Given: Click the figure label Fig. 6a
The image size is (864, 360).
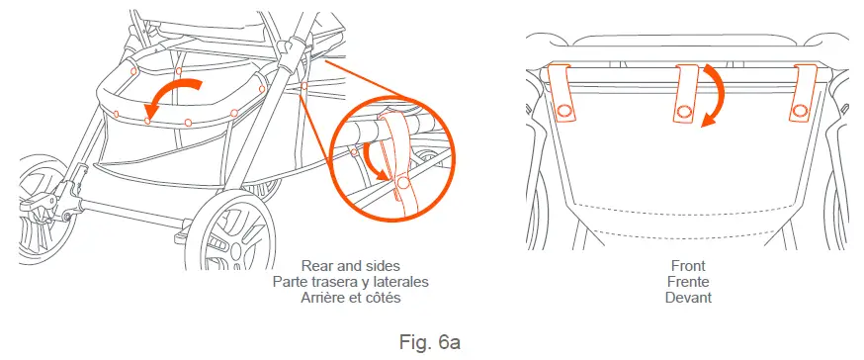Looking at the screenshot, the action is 431,342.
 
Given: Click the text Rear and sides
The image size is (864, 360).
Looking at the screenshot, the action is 350,266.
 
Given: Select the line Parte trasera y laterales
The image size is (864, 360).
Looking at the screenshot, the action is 350,282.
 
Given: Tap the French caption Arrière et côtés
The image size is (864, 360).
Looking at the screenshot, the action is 350,298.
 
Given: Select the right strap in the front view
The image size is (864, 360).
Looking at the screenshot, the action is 804,93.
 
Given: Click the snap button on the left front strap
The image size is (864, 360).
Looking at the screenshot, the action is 565,111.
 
